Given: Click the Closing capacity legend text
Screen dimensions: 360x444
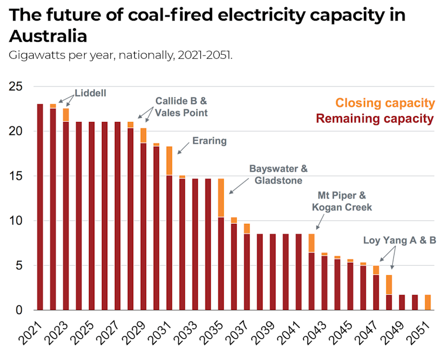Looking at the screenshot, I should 385,103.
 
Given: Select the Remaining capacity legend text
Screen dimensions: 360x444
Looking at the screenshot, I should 375,119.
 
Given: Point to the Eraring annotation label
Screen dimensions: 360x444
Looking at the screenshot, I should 209,141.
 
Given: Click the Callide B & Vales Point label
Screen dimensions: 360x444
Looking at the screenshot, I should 181,107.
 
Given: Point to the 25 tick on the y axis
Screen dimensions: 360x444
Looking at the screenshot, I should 16,87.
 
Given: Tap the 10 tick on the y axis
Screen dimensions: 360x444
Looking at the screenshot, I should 16,221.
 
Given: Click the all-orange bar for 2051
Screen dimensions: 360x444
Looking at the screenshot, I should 428,302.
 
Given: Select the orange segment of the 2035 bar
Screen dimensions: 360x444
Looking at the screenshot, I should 221,198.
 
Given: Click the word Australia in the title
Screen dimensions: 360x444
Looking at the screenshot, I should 48,37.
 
